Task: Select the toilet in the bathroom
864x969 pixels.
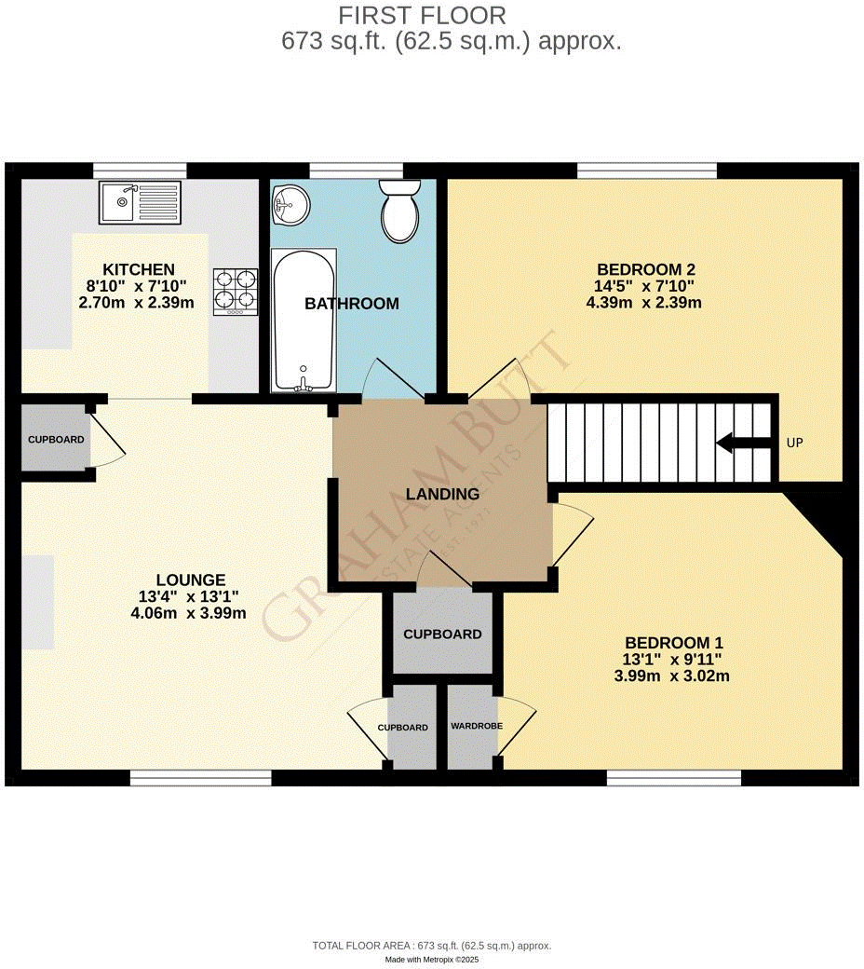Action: (x=400, y=210)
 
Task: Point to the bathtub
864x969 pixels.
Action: (x=303, y=320)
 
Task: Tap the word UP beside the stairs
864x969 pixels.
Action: (x=795, y=443)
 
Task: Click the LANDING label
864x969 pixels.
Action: (x=442, y=494)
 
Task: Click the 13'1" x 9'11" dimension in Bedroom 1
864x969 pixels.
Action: (x=674, y=660)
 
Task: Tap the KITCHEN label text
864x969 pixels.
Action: (x=139, y=268)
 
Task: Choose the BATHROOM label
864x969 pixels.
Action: (x=352, y=304)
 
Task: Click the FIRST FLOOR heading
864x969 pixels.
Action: (x=422, y=16)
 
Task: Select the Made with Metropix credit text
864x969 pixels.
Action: (x=432, y=959)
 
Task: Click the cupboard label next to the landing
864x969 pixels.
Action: (x=442, y=635)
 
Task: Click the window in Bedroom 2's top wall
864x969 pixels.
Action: (x=647, y=171)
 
